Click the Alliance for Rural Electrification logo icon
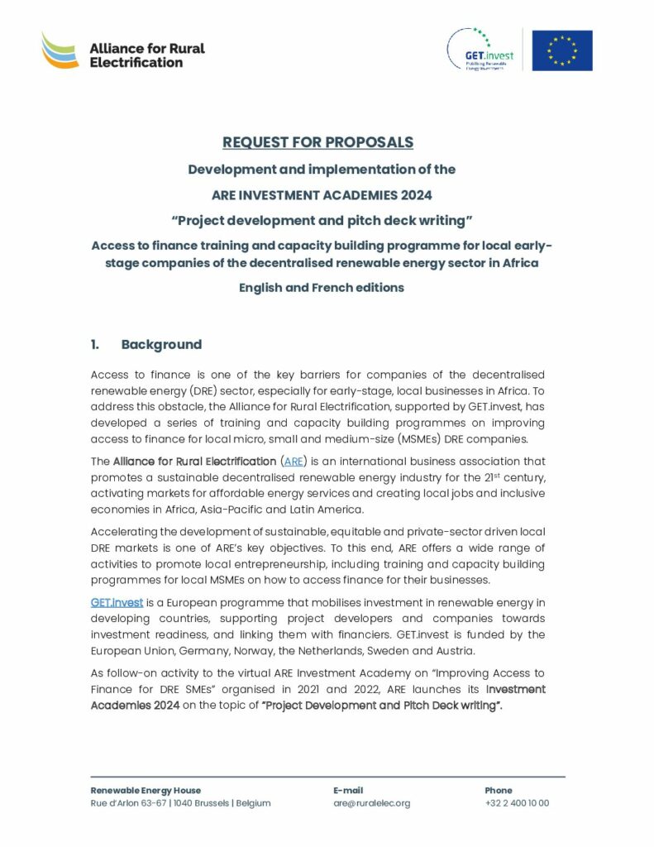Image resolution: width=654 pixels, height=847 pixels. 60,51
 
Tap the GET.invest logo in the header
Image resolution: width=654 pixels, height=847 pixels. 480,50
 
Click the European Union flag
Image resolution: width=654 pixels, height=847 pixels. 562,50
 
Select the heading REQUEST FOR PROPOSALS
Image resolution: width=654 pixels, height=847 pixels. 317,142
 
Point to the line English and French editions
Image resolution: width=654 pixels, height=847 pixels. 322,288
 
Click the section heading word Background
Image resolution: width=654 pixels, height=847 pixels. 161,344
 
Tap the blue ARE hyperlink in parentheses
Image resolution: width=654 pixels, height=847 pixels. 293,461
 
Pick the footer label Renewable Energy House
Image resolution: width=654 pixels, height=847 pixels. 146,790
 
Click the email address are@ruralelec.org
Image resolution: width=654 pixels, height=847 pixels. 371,803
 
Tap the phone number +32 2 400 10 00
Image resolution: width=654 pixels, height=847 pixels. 517,803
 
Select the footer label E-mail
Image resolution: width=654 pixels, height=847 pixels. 348,790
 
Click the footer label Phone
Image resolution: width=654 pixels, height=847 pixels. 499,790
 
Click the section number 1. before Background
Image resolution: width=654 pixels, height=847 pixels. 96,344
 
